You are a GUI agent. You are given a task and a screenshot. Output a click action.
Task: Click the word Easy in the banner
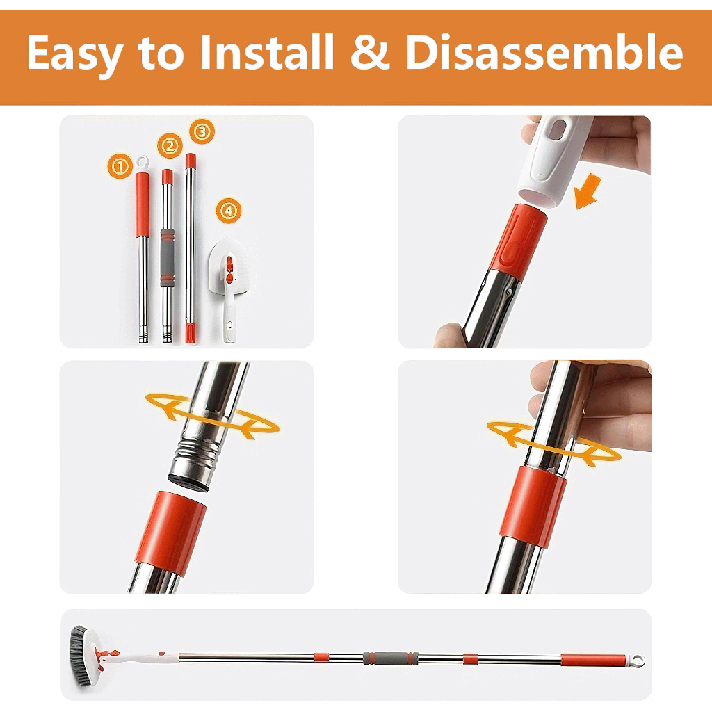point(75,54)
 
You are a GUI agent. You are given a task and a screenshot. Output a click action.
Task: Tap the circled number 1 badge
point(120,166)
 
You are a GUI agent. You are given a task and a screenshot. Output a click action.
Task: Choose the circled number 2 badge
point(170,146)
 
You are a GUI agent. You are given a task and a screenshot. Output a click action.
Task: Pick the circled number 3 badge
point(202,131)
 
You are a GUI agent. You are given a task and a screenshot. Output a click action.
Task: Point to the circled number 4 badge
point(228,210)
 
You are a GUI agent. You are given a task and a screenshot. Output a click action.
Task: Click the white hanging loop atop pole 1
point(143,163)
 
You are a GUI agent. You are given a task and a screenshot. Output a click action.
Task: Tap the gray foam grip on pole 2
point(167,258)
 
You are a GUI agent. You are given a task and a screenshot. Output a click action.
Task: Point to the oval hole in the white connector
point(558,129)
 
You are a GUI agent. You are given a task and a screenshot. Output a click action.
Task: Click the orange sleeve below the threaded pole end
point(170,532)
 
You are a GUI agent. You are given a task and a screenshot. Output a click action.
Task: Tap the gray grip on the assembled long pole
point(390,658)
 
